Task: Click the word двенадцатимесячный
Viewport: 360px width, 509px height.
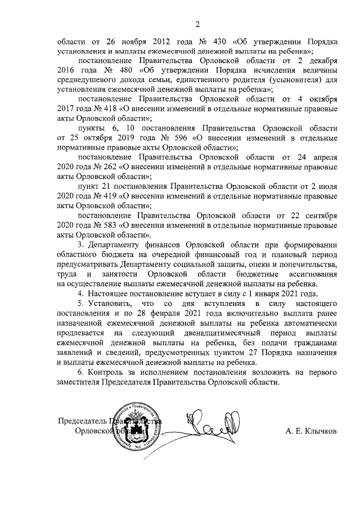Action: point(229,333)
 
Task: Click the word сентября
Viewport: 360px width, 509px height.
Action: point(319,216)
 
